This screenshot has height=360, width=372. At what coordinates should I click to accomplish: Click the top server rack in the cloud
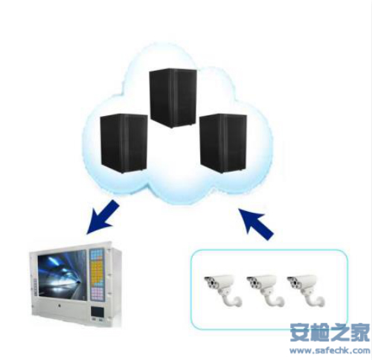(x=173, y=98)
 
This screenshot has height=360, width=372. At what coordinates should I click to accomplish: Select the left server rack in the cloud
(x=124, y=144)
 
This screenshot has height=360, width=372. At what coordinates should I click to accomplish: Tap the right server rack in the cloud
(x=223, y=144)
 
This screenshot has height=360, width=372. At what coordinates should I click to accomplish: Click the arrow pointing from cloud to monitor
(x=103, y=217)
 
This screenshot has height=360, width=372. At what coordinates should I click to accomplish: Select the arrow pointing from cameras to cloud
(x=256, y=224)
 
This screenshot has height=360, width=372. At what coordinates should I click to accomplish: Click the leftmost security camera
(x=223, y=290)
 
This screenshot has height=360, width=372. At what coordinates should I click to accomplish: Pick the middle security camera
(x=265, y=290)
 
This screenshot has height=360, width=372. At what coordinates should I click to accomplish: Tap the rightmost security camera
(x=306, y=290)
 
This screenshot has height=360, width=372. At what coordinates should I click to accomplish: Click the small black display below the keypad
(x=97, y=312)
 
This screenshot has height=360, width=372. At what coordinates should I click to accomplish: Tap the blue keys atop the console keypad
(x=97, y=255)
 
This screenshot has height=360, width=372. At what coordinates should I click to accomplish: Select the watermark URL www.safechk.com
(x=330, y=350)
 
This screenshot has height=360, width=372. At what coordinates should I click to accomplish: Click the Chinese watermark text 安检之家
(x=330, y=332)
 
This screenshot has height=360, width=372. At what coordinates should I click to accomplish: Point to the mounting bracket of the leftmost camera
(x=231, y=299)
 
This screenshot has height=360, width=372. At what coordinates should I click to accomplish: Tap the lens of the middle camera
(x=253, y=283)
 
